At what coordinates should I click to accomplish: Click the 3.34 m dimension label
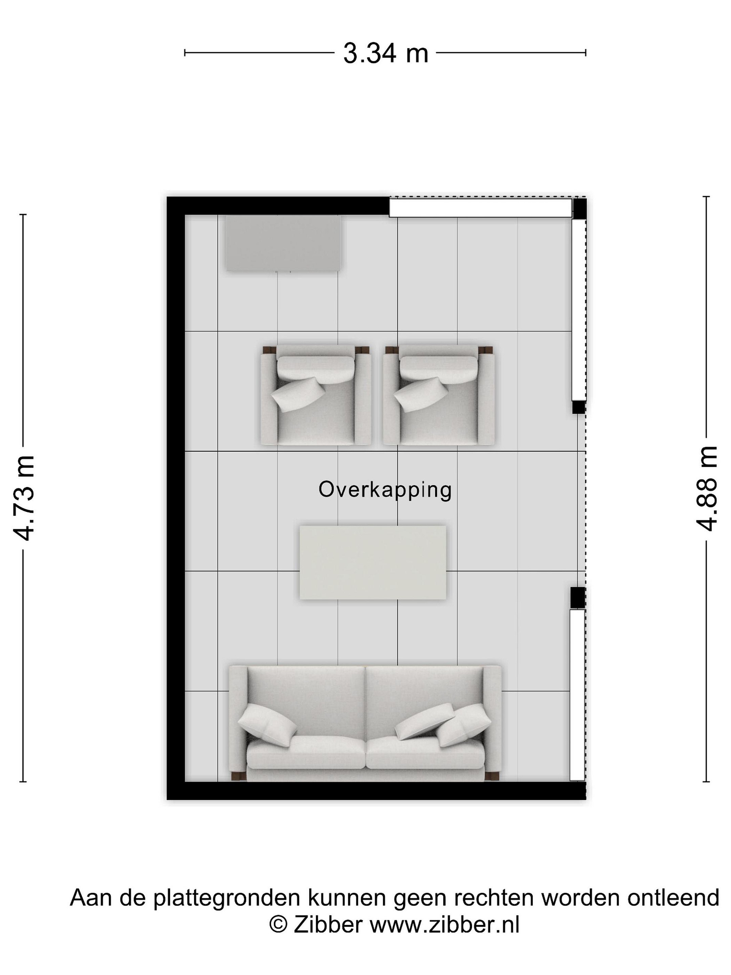(x=385, y=54)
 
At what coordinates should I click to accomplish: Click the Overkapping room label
(x=385, y=490)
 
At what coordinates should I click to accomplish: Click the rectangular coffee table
(x=373, y=562)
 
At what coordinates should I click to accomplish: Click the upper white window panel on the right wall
(x=579, y=309)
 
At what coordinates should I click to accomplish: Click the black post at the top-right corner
(x=579, y=209)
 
